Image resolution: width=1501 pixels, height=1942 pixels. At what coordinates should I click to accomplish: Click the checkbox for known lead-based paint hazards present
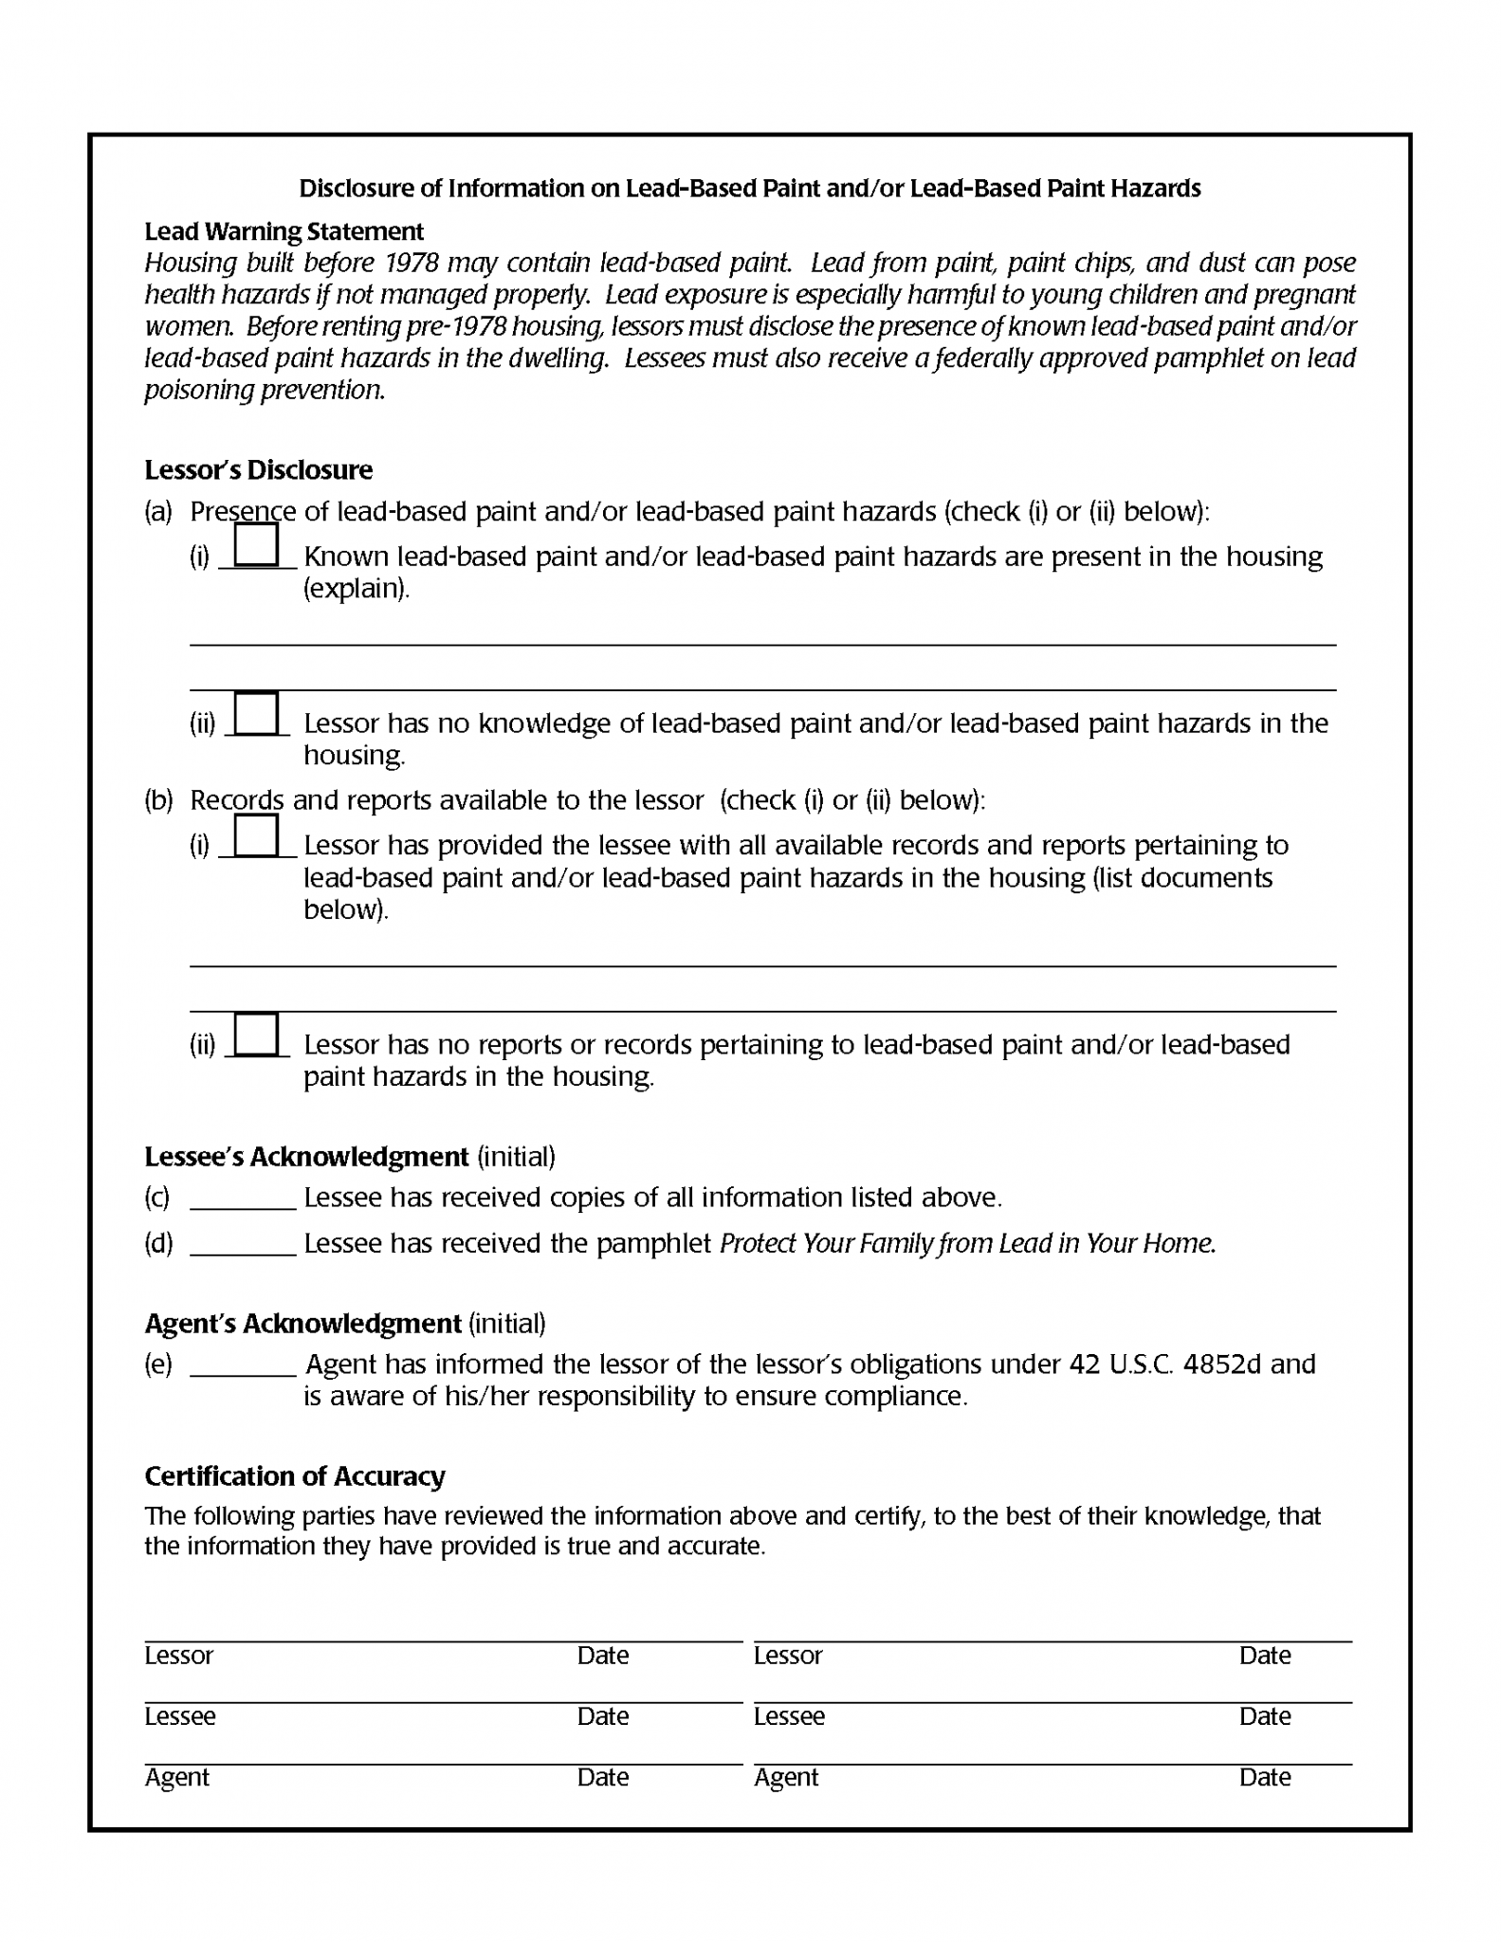pos(256,545)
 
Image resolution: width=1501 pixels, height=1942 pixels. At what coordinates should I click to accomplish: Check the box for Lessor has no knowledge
pos(256,713)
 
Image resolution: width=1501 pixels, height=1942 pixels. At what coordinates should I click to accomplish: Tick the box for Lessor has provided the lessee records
pos(256,835)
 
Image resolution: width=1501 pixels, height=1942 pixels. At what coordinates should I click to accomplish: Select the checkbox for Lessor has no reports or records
pos(256,1034)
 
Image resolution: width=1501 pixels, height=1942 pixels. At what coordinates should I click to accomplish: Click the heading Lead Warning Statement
pos(284,231)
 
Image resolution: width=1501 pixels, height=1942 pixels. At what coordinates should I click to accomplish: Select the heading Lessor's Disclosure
pos(258,470)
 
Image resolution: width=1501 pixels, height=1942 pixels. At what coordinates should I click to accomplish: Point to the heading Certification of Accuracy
pos(294,1476)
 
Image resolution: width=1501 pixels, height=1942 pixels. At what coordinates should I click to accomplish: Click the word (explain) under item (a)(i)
pos(356,589)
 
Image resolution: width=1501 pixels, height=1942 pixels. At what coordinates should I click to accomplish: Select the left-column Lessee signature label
pos(179,1716)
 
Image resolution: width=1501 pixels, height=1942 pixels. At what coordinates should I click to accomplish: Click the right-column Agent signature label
pos(785,1777)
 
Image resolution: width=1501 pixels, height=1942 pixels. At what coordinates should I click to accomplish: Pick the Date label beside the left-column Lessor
pos(602,1656)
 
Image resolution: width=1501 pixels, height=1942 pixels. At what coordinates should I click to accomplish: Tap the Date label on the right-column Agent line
pos(1264,1777)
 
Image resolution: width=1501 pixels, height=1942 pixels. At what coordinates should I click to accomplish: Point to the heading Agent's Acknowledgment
pos(302,1324)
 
